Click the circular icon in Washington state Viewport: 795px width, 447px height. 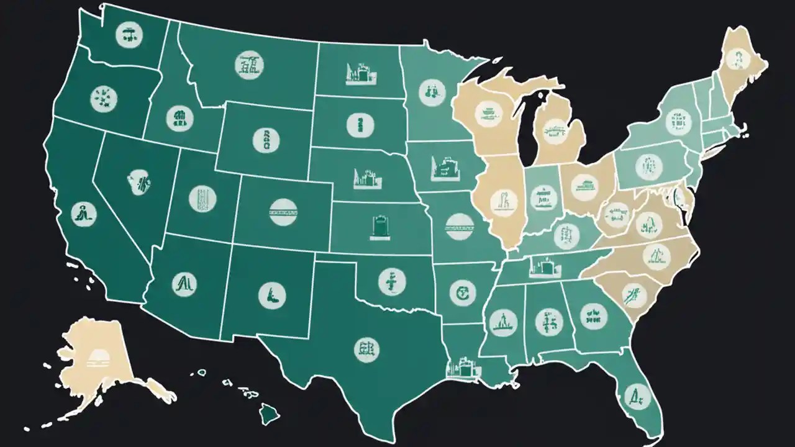tap(129, 35)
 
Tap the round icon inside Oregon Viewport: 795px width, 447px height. tap(102, 97)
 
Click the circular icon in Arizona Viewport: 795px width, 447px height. tap(185, 284)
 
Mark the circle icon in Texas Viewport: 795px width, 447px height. tap(366, 350)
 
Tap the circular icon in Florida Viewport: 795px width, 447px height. tap(632, 393)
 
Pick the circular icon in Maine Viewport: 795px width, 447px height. tap(738, 60)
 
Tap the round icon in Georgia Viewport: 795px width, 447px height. tap(593, 315)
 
